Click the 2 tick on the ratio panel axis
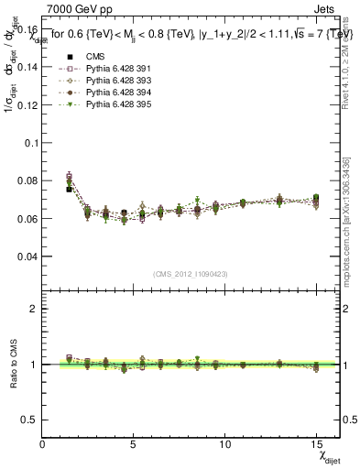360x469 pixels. tap(35, 310)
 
